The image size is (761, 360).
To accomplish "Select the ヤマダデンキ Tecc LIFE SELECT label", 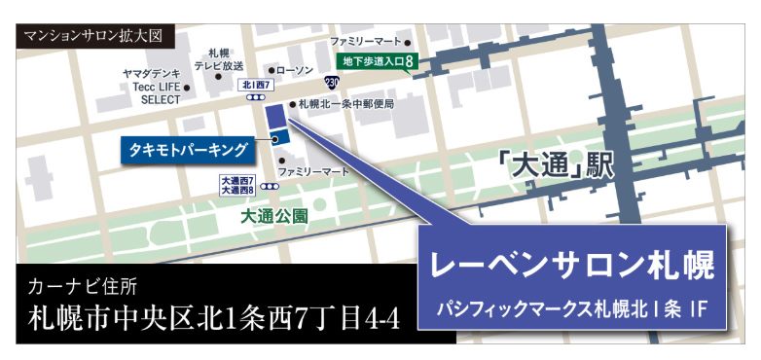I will pyautogui.click(x=152, y=86).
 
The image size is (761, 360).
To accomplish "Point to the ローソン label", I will pyautogui.click(x=295, y=71).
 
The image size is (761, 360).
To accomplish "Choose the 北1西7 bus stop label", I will pyautogui.click(x=255, y=86).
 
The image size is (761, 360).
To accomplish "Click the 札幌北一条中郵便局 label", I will pyautogui.click(x=345, y=103).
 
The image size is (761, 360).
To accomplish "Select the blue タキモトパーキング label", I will pyautogui.click(x=185, y=150).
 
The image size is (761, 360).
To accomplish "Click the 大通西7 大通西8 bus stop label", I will pyautogui.click(x=237, y=185).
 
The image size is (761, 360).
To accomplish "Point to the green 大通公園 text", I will pyautogui.click(x=274, y=217).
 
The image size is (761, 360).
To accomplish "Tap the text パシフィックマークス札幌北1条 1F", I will pyautogui.click(x=572, y=310).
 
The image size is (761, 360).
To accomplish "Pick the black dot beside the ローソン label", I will pyautogui.click(x=272, y=71).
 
